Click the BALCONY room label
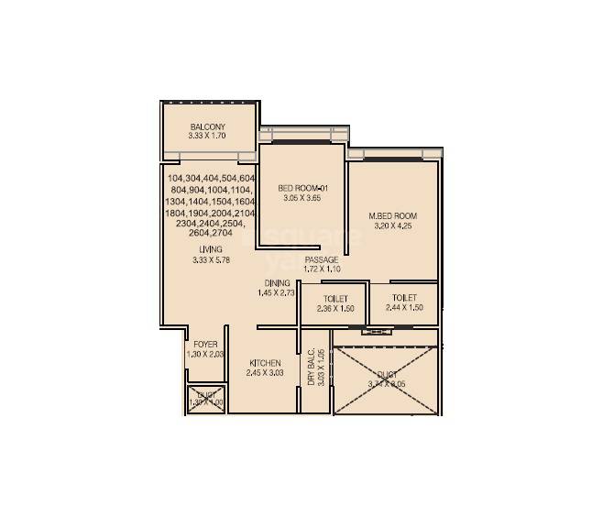[208, 126]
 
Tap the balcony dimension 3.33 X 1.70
[207, 137]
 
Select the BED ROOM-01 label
[301, 189]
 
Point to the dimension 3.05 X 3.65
[301, 199]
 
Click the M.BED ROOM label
[392, 216]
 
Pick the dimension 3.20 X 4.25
[392, 226]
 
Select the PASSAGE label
[322, 260]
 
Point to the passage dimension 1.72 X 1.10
[322, 270]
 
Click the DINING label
[277, 282]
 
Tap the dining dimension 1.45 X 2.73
[277, 293]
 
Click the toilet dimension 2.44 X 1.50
[404, 309]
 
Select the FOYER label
[205, 345]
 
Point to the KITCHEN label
[265, 363]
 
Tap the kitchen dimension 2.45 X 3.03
[265, 373]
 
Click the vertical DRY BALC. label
[312, 367]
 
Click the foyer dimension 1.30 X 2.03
[205, 355]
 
